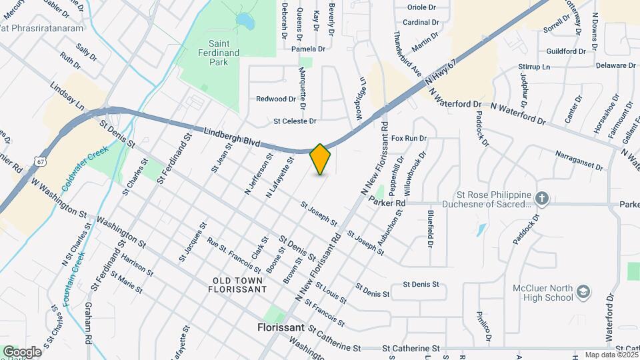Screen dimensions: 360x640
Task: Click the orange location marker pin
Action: coord(321,159)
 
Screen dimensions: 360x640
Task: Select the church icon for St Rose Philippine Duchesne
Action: coord(542,197)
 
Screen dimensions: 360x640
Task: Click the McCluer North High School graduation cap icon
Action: coord(583,293)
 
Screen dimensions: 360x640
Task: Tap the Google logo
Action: coord(22,351)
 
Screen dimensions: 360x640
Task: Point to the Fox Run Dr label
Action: coord(409,138)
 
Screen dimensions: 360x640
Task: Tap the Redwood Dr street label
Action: coord(275,99)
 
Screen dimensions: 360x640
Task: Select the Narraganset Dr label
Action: coord(578,160)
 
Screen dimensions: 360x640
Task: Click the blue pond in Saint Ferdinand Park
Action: coord(245,23)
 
